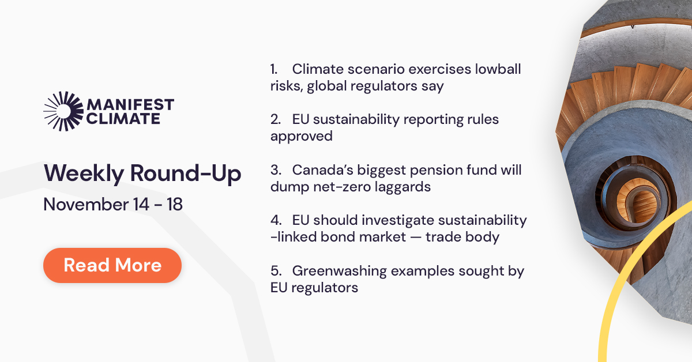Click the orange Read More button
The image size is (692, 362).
coord(112,265)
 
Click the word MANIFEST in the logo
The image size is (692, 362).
coord(129,105)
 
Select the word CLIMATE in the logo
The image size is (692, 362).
coord(123,119)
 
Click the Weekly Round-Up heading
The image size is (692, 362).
coord(142,174)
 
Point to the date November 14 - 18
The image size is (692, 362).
coord(113,204)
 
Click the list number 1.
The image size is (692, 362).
coord(273,70)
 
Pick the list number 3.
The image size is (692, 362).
coord(274,170)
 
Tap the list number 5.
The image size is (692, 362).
coord(274,271)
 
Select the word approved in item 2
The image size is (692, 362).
coord(302,137)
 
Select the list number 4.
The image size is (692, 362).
coord(274,220)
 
